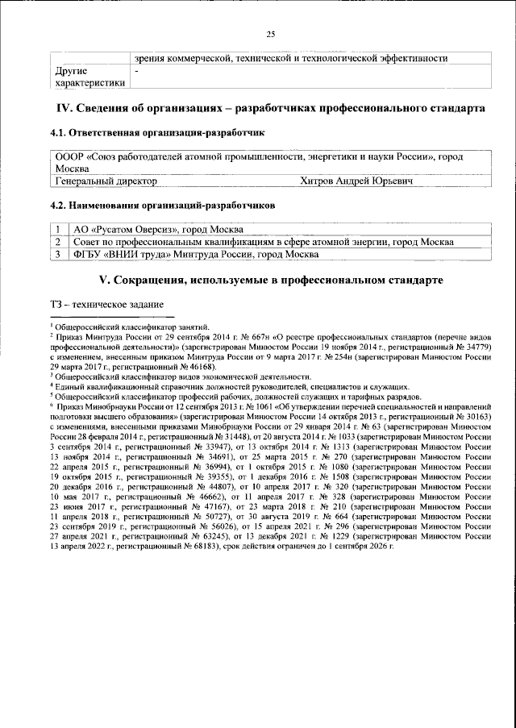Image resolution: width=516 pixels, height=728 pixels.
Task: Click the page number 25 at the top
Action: (x=271, y=33)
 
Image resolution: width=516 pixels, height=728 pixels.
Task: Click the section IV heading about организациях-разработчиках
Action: (x=269, y=108)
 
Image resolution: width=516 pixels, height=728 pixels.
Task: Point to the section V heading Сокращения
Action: (x=269, y=280)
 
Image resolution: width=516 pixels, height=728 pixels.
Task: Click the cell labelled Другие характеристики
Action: (x=89, y=77)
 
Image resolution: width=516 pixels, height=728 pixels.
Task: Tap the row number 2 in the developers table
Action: (x=59, y=242)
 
